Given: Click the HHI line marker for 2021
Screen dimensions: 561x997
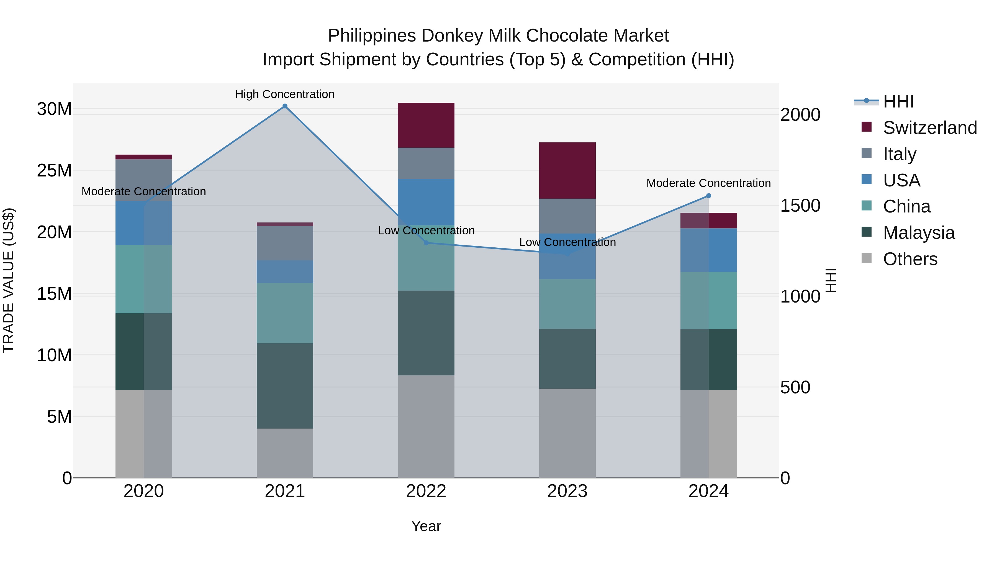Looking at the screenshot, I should (x=285, y=106).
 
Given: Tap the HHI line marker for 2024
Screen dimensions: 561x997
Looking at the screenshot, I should (x=709, y=196).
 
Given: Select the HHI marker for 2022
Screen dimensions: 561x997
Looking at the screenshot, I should (x=426, y=243).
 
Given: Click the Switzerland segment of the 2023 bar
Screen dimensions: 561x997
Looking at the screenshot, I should (x=567, y=171).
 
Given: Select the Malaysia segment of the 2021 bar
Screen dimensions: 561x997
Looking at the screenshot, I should (x=285, y=386).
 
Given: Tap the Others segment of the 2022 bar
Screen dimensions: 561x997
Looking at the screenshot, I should (x=426, y=426).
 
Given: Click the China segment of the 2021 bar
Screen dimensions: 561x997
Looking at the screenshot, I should (x=285, y=313).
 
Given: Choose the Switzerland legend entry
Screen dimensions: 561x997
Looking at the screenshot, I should (x=930, y=128).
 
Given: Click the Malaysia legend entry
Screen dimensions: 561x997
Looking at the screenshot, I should (x=919, y=233).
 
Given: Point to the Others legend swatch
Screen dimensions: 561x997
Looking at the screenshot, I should (x=867, y=258).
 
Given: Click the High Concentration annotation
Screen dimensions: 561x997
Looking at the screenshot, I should (x=285, y=94).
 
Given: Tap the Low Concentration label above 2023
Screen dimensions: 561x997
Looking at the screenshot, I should (x=567, y=242).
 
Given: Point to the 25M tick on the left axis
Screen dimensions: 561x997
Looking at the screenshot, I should (x=54, y=170).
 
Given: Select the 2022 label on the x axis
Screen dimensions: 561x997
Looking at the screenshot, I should (x=426, y=491).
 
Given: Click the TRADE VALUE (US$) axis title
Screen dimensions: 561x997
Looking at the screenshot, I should (x=9, y=280).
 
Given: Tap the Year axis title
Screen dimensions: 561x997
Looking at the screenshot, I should (x=426, y=526).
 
